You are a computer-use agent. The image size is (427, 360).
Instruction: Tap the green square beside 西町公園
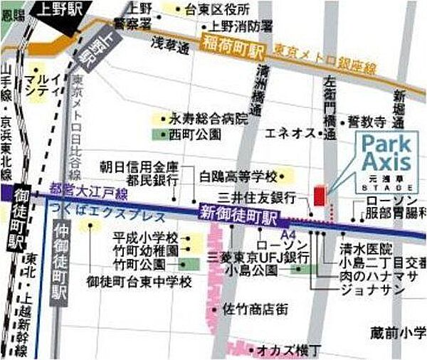pyautogui.click(x=158, y=134)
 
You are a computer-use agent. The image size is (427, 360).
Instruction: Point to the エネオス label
pyautogui.click(x=290, y=132)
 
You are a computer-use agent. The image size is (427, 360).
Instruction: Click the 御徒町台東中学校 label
pyautogui.click(x=140, y=282)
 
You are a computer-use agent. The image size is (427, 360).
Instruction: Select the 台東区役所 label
pyautogui.click(x=216, y=10)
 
